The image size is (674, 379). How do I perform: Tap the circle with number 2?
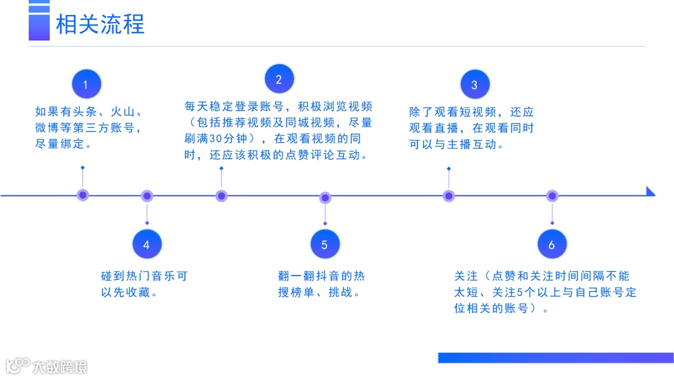point(278,79)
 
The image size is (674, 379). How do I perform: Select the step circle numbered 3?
point(474,85)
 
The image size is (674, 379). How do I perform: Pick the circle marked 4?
point(147,244)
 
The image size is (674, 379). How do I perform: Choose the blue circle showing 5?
point(325,244)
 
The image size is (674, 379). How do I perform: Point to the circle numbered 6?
point(552,244)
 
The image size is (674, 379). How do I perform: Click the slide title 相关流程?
point(100,25)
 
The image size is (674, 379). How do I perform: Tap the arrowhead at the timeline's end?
point(650,191)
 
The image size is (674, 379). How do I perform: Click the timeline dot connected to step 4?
point(147,196)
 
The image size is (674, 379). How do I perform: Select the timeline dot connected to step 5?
point(325,198)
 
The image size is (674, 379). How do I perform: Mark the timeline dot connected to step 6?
point(552,196)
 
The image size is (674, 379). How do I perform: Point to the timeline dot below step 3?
point(449,196)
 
